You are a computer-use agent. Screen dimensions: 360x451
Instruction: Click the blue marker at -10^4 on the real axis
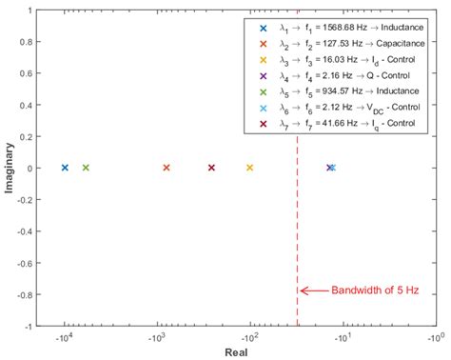[65, 168]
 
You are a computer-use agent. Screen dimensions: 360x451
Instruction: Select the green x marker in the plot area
[86, 168]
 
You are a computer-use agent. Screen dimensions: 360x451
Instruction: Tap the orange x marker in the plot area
[167, 168]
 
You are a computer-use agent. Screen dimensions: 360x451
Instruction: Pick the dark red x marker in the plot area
[211, 168]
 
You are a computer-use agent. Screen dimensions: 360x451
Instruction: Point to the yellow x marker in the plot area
[249, 168]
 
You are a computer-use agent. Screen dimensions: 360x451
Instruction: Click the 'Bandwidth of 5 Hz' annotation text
[367, 291]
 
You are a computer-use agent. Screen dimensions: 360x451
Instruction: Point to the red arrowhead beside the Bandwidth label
[304, 291]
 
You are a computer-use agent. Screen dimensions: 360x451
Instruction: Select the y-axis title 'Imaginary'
[9, 168]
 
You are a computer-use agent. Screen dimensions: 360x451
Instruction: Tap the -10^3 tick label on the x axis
[158, 336]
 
